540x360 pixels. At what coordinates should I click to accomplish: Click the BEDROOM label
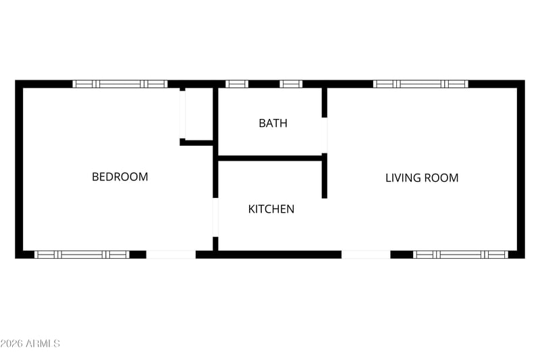tap(120, 177)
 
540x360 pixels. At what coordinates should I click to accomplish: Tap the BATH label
tap(273, 123)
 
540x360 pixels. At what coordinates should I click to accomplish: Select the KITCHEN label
tap(271, 209)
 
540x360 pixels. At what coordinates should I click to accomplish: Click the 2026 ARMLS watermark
tap(30, 344)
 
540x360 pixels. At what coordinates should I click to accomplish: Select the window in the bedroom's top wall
tap(120, 84)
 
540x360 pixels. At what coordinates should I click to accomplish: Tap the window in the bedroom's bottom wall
tap(82, 255)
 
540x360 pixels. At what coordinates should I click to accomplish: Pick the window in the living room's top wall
tap(421, 84)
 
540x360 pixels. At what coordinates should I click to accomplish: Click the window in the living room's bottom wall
tap(460, 255)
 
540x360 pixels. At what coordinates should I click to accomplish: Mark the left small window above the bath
tap(237, 84)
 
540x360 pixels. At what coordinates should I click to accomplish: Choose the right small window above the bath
tap(291, 84)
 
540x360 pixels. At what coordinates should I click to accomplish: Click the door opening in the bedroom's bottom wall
tap(171, 255)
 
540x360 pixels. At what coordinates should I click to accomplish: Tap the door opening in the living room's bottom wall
tap(366, 255)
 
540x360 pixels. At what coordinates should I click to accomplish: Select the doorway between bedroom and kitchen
tap(215, 217)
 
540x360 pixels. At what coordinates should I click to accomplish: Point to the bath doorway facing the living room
tap(325, 135)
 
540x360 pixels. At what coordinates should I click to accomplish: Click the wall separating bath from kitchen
tap(270, 158)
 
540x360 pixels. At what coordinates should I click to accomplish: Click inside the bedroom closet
tap(198, 114)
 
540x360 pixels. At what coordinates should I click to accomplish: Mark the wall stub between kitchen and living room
tap(325, 176)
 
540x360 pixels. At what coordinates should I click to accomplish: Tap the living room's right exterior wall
tap(521, 169)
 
